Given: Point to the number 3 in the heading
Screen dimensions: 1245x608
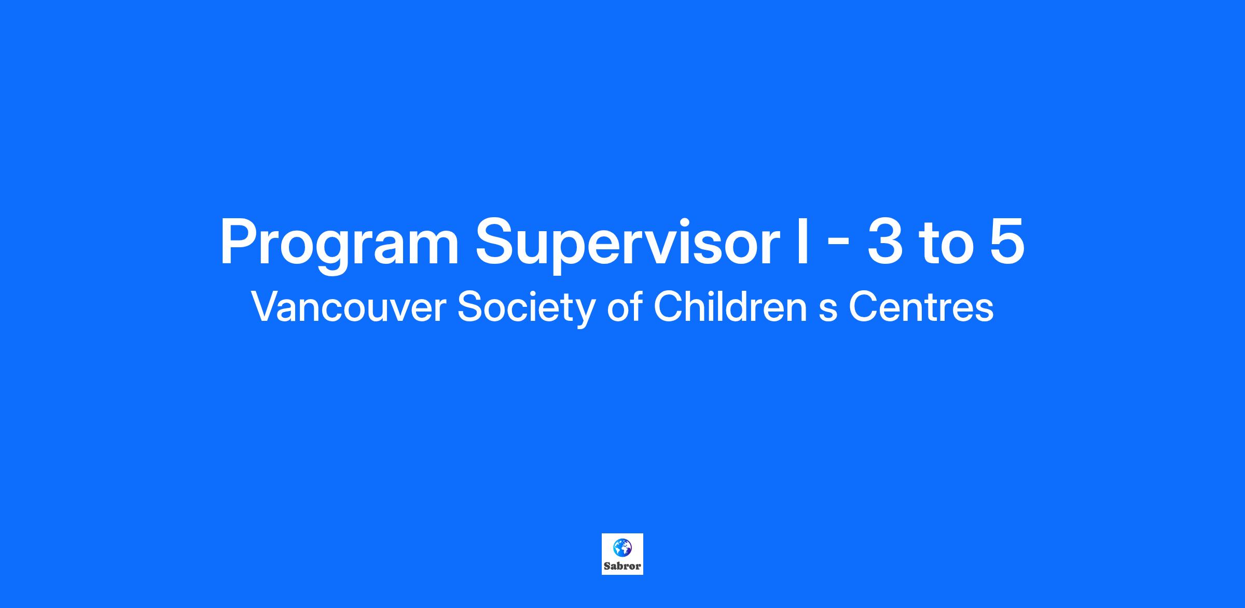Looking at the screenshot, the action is (x=884, y=241).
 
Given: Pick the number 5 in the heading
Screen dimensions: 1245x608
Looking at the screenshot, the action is (x=1007, y=242).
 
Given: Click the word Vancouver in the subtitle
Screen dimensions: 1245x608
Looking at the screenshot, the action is (x=349, y=307).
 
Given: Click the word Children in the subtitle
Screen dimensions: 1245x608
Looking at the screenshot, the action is (x=730, y=306).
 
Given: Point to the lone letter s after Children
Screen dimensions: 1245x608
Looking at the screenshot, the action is (x=828, y=311).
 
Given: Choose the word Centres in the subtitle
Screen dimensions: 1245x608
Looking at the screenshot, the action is (x=921, y=307).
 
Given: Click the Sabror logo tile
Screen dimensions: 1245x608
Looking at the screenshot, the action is (x=622, y=554).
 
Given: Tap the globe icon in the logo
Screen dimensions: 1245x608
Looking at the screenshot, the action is (x=622, y=547).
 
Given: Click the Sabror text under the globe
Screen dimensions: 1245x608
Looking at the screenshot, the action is (x=622, y=566).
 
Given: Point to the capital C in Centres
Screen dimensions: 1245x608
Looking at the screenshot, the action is (x=864, y=307).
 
